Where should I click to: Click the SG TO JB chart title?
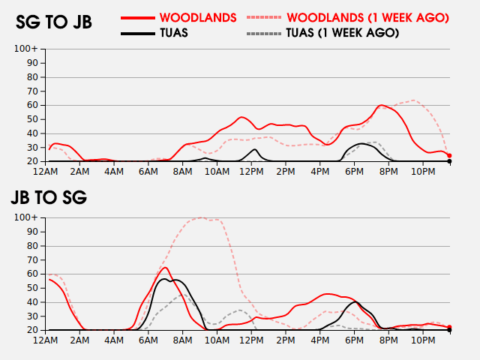click(x=54, y=22)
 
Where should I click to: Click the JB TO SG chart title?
click(x=49, y=198)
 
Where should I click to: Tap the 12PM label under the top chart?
click(x=251, y=171)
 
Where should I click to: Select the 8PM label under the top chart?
click(x=388, y=171)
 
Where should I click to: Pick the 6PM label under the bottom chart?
click(x=354, y=340)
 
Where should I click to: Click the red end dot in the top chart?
click(x=449, y=155)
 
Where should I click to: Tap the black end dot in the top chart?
click(x=449, y=161)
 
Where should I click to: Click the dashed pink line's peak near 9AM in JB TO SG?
click(x=201, y=218)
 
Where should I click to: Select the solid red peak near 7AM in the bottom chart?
click(x=165, y=267)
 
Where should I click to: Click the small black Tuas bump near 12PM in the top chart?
click(x=255, y=149)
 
